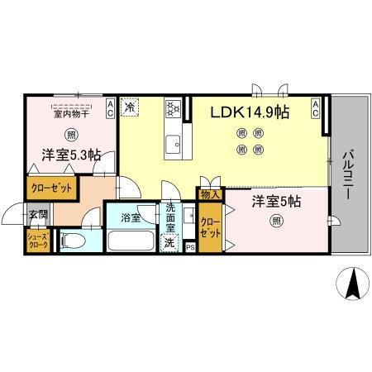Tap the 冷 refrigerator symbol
pos(131,107)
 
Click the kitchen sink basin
pos(174,144)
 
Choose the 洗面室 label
pos(170,218)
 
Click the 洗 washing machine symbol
pos(169,244)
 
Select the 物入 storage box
pos(210,195)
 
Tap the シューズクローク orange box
pos(38,241)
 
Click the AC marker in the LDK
pos(316,105)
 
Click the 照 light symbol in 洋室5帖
pos(274,221)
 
